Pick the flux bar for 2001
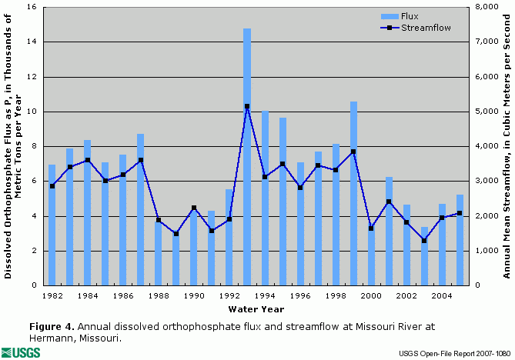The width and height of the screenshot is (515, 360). click(389, 231)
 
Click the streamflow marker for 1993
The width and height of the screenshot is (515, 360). click(247, 106)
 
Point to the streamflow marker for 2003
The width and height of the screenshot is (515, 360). click(424, 241)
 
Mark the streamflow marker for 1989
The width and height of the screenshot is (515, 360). click(176, 234)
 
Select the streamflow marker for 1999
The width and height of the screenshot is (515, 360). click(353, 152)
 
